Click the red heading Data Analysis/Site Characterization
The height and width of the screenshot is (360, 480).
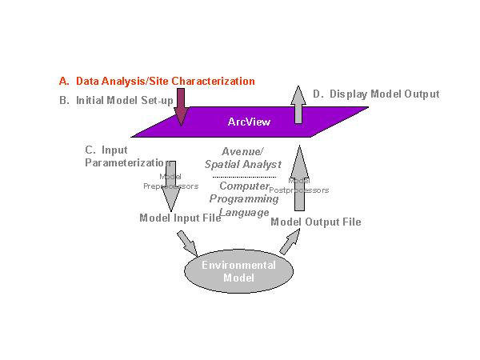click(x=157, y=82)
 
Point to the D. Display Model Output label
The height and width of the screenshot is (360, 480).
click(x=376, y=94)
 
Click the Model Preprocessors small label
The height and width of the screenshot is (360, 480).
click(x=169, y=181)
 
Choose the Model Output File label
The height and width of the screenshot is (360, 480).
click(x=316, y=222)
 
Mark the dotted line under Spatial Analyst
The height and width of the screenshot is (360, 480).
click(x=244, y=177)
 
